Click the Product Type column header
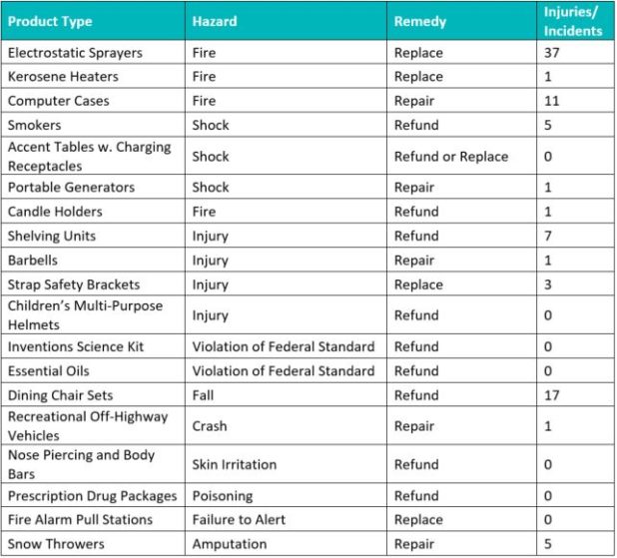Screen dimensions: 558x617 tap(49, 20)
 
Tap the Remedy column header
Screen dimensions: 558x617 tap(420, 20)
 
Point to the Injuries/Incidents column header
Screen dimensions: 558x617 tap(573, 20)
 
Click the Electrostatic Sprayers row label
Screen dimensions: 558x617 tap(75, 52)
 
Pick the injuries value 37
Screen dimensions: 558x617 tap(552, 52)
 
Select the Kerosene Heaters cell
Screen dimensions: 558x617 tap(63, 76)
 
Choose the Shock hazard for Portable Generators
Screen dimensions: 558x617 tap(211, 187)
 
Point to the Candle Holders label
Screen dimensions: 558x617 tap(55, 212)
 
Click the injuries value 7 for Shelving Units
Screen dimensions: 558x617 tap(548, 236)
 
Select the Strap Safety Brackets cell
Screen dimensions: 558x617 tap(74, 284)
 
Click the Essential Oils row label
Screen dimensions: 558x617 tap(49, 370)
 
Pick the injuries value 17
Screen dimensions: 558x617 tap(552, 395)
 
